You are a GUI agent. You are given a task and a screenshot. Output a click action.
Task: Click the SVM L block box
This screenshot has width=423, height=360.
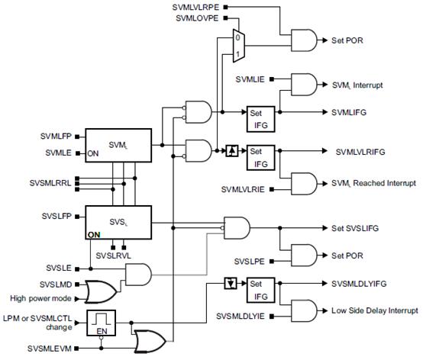(x=118, y=143)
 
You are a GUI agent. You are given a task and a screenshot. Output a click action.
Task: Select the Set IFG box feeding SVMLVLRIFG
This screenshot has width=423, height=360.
(x=260, y=157)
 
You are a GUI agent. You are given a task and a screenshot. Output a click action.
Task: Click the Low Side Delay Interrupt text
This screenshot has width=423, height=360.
(x=375, y=310)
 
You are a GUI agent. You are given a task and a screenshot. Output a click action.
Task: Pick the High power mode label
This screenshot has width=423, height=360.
(x=40, y=297)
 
